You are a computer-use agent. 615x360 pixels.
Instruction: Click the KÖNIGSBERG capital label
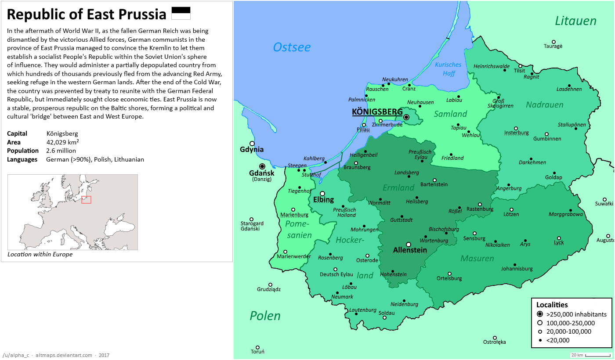pyautogui.click(x=377, y=112)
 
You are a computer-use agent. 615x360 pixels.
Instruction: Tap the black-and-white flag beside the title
pyautogui.click(x=181, y=13)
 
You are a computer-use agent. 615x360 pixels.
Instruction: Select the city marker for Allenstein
pyautogui.click(x=409, y=245)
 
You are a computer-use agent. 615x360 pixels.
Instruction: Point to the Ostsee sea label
pyautogui.click(x=292, y=47)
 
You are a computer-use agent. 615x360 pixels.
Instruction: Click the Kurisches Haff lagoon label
pyautogui.click(x=448, y=69)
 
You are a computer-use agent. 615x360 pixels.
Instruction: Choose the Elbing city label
pyautogui.click(x=323, y=200)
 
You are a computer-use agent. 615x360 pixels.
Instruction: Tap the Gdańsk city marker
pyautogui.click(x=262, y=166)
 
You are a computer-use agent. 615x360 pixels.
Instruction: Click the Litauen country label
pyautogui.click(x=575, y=21)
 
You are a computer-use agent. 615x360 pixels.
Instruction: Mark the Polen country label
pyautogui.click(x=265, y=316)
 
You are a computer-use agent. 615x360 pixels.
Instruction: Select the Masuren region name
pyautogui.click(x=477, y=259)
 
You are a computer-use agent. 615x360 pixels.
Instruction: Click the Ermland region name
pyautogui.click(x=398, y=188)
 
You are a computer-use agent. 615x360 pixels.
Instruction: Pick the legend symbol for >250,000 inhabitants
pyautogui.click(x=539, y=314)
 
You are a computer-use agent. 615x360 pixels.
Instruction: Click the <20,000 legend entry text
pyautogui.click(x=558, y=340)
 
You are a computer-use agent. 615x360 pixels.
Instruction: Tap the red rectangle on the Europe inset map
pyautogui.click(x=86, y=200)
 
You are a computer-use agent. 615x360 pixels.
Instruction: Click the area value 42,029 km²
pyautogui.click(x=62, y=142)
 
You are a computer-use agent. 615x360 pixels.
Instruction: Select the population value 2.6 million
pyautogui.click(x=61, y=151)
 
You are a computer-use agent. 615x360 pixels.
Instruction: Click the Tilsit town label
pyautogui.click(x=519, y=71)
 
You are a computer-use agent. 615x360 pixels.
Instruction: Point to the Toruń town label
pyautogui.click(x=257, y=352)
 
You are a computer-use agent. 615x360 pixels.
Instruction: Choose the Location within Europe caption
pyautogui.click(x=40, y=254)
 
